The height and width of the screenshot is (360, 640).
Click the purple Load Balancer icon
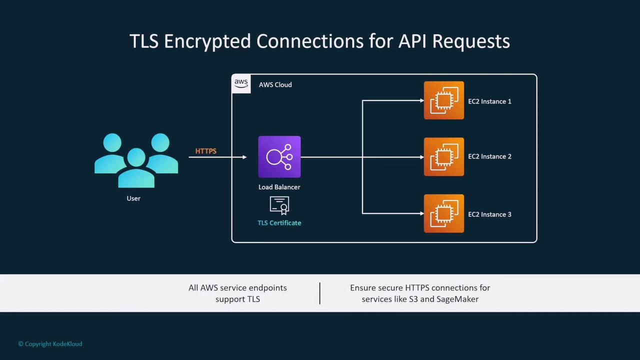279,156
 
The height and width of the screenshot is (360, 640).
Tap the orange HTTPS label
205,151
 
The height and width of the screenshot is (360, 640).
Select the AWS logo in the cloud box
241,83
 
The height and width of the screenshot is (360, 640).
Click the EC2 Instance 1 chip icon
443,100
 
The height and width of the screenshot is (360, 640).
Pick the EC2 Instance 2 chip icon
443,157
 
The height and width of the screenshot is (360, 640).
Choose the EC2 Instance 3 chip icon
443,213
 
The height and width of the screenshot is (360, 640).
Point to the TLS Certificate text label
279,223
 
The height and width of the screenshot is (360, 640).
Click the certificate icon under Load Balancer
279,205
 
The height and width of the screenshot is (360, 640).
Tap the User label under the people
133,198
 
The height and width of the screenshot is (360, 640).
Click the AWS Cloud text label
275,85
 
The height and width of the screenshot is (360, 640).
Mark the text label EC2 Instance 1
489,101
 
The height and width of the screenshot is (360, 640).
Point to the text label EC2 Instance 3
489,214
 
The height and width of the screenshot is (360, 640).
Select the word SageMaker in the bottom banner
457,299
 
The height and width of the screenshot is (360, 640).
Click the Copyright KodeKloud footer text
50,344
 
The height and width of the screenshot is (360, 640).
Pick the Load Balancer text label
279,187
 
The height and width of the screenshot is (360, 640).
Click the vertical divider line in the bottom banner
320,293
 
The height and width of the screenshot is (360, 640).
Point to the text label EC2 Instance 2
489,156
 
